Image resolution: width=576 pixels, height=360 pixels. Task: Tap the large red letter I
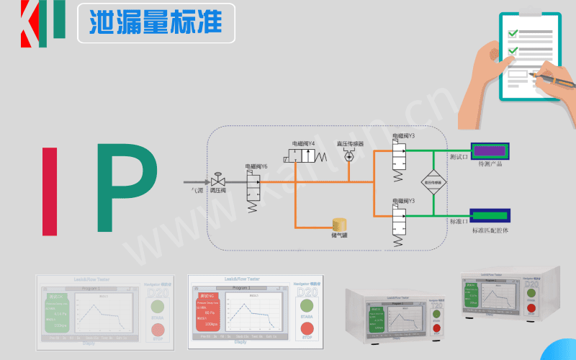pyautogui.click(x=50, y=191)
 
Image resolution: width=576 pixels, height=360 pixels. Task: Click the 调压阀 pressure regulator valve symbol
pyautogui.click(x=217, y=181)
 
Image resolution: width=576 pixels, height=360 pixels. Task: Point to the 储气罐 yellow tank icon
pyautogui.click(x=338, y=224)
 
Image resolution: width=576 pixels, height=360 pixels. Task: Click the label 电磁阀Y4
pyautogui.click(x=303, y=143)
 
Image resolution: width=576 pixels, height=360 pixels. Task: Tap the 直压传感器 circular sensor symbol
pyautogui.click(x=350, y=156)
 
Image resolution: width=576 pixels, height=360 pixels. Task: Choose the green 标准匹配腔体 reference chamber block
pyautogui.click(x=490, y=214)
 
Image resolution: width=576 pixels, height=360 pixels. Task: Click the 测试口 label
pyautogui.click(x=458, y=156)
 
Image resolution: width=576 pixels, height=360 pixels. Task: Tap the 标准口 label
pyautogui.click(x=458, y=221)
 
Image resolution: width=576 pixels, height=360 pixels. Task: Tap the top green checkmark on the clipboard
pyautogui.click(x=513, y=33)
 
